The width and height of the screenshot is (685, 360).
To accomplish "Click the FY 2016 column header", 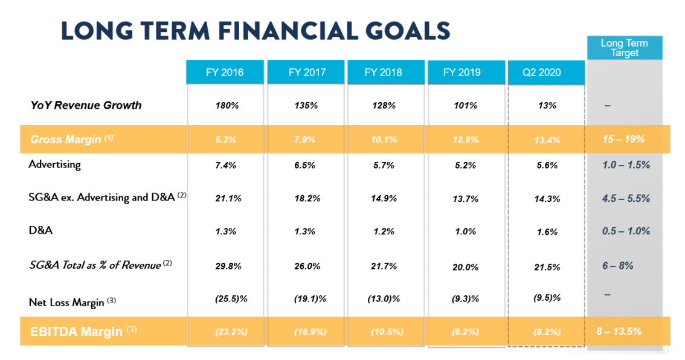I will pos(225,72).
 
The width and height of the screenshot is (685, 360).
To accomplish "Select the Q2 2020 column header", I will pos(542,72).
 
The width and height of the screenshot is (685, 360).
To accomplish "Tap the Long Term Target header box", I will pos(624,48).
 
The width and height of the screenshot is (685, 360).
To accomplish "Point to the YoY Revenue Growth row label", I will pos(86,105).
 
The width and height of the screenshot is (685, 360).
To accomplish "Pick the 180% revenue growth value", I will pos(227,106).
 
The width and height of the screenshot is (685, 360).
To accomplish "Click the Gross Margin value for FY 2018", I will pos(384,140).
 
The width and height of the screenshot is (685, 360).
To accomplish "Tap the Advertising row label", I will pos(54,164).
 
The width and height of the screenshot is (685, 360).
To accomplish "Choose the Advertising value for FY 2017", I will pos(306,165).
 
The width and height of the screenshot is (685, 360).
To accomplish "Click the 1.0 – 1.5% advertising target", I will pos(626,164).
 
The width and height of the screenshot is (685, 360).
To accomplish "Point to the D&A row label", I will pos(40,230).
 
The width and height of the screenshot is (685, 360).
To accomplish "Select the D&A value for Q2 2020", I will pos(547,232).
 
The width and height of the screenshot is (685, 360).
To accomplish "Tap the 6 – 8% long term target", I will pos(617,265).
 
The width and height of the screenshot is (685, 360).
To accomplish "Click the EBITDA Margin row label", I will pos(76,331).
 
